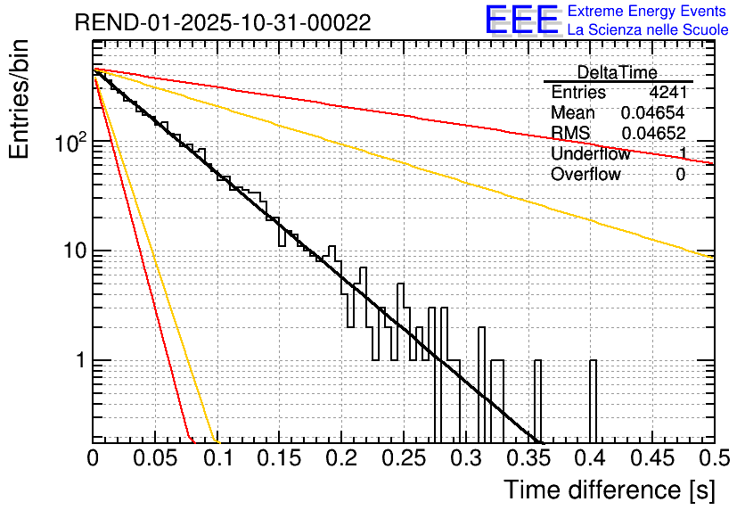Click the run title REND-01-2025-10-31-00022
click(x=223, y=21)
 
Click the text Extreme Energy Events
click(x=648, y=12)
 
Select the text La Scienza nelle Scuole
click(x=648, y=29)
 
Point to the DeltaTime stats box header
click(x=618, y=72)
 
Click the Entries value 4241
click(x=667, y=93)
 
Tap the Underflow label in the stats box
click(x=590, y=154)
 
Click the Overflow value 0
click(x=680, y=175)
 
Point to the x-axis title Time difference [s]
click(x=609, y=489)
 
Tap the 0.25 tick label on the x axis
click(x=404, y=457)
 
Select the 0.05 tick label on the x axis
click(x=155, y=457)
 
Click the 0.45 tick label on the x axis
click(x=652, y=457)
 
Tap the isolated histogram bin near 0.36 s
click(x=537, y=401)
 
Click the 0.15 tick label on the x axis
click(x=280, y=457)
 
